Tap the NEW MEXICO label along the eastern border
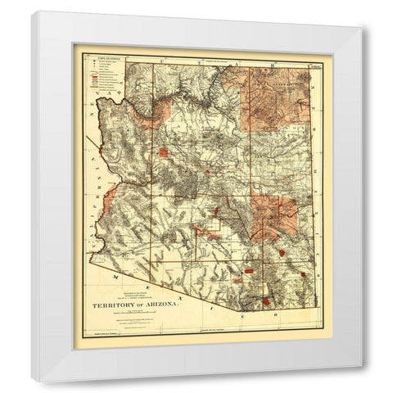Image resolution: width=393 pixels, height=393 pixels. [315, 164]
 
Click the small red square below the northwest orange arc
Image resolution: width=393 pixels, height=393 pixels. [168, 151]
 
